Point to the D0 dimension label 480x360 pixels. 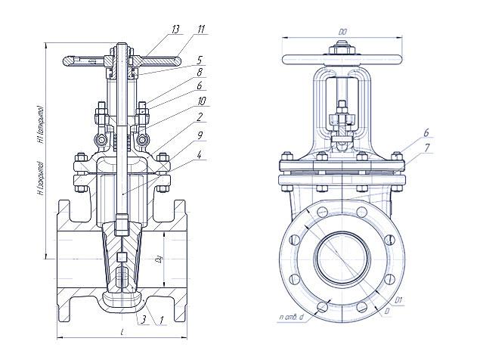[x=342, y=32]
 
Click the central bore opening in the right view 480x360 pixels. [x=342, y=257]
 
